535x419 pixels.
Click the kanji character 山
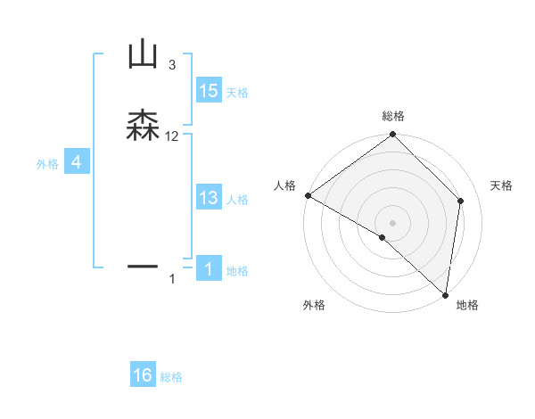point(143,55)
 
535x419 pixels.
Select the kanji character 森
point(143,126)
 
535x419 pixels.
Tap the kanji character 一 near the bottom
point(143,266)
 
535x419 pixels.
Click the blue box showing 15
point(209,91)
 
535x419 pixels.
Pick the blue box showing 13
point(209,198)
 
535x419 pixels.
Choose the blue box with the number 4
point(77,162)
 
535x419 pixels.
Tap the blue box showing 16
point(143,375)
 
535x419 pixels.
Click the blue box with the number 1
point(209,268)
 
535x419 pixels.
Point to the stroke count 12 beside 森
point(172,136)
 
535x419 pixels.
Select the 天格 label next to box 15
point(237,93)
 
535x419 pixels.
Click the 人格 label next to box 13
point(237,200)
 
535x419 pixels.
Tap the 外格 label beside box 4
point(46,164)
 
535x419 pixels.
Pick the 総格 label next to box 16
point(171,377)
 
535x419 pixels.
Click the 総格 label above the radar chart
point(393,117)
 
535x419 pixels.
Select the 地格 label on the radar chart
point(467,305)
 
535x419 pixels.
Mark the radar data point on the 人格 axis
point(308,195)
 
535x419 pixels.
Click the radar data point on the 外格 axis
point(383,237)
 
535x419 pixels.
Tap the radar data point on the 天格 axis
point(461,201)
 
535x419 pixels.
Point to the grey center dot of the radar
point(393,223)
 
